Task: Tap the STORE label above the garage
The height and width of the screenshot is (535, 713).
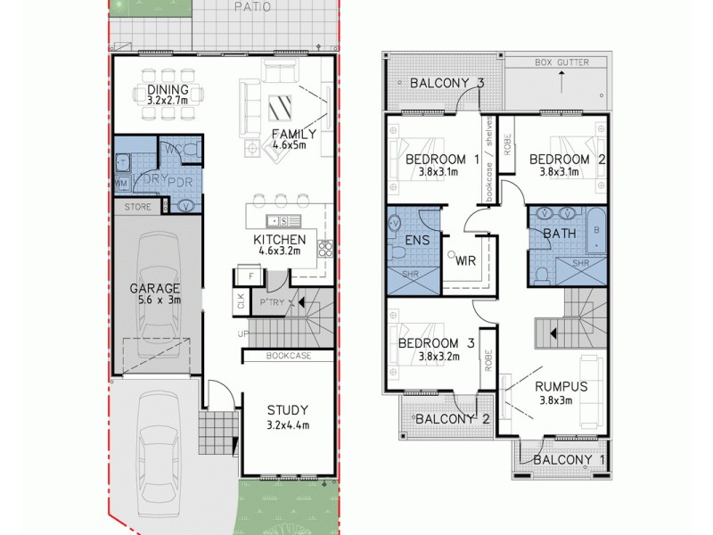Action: [137, 207]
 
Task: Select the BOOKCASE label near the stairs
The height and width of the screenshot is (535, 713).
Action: [288, 356]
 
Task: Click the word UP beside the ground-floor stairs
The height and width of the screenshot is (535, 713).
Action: [242, 333]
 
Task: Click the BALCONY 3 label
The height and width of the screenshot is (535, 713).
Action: [447, 84]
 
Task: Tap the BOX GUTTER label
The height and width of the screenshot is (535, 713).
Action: [561, 63]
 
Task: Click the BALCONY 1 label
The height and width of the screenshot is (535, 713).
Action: [562, 459]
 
